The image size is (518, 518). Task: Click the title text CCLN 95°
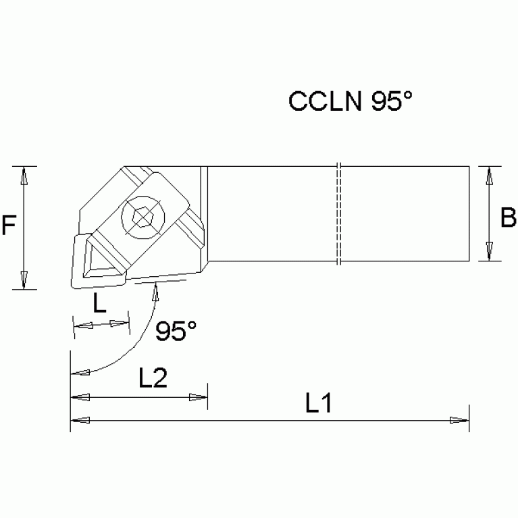pos(350,101)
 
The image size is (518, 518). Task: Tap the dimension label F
pos(9,225)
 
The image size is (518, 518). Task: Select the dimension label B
pos(508,218)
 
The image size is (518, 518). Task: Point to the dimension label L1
pos(317,404)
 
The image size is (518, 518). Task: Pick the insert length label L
pos(99,305)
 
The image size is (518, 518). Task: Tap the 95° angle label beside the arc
pos(176,332)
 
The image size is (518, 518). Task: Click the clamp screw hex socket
pos(143,217)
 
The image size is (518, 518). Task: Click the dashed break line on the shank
pos(339,214)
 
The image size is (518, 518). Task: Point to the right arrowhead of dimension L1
pos(459,420)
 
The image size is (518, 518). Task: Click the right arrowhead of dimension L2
pos(198,398)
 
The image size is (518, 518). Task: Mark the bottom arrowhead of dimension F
pos(24,280)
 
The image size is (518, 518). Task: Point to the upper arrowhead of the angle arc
pos(157,291)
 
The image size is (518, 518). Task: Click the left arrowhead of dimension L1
pos(80,420)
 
